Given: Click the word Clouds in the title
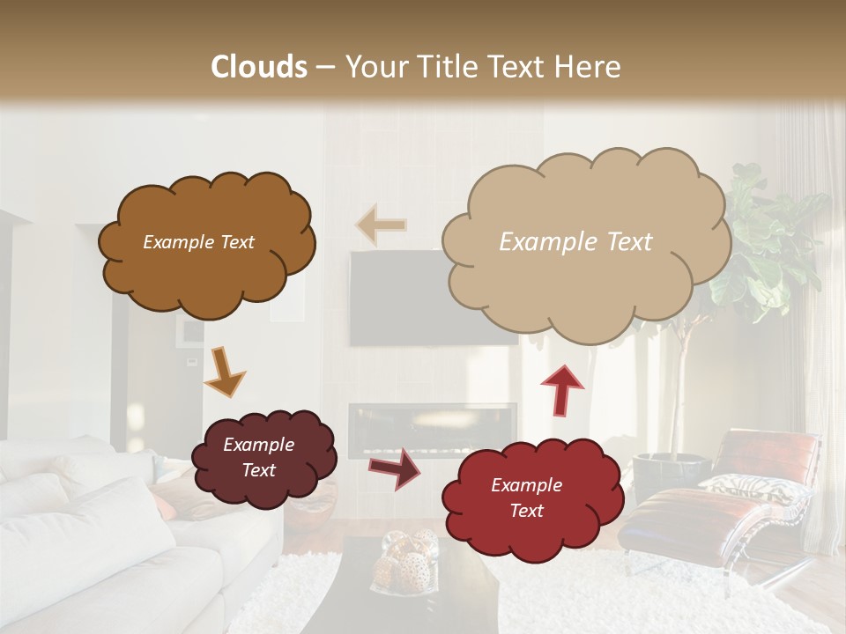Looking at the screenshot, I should pos(259,67).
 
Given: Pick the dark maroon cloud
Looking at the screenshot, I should pos(263,458).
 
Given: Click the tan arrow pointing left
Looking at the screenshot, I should pos(381,225).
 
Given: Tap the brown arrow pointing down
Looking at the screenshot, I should pos(224,372).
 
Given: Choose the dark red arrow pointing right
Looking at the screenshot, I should pos(395,468).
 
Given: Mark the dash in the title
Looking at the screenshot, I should pos(325,68).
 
